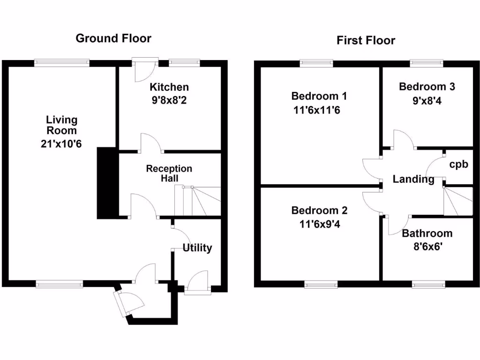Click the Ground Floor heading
point(113,38)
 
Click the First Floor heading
point(366,41)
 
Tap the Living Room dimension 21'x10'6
point(61,144)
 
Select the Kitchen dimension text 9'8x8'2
point(169,99)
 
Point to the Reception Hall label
point(169,173)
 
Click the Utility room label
point(197,248)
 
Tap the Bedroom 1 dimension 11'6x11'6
point(319,111)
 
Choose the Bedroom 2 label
point(319,210)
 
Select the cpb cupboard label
point(458,165)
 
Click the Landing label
point(413,179)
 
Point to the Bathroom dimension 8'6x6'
point(427,246)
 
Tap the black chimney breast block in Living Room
point(107,183)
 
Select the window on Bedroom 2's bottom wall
point(321,284)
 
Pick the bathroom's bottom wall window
point(428,284)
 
